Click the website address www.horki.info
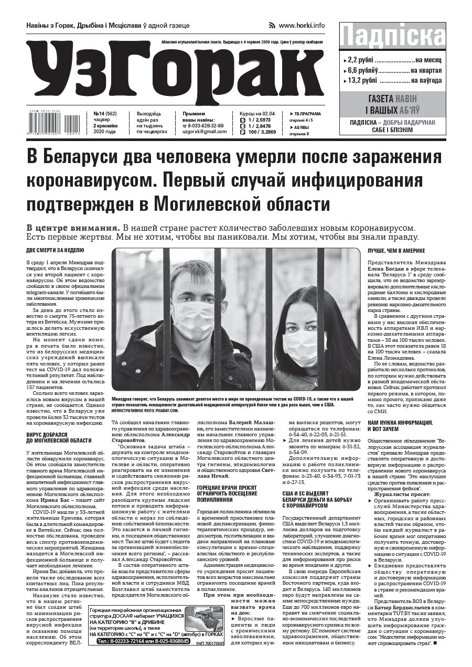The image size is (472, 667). [x=302, y=25]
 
